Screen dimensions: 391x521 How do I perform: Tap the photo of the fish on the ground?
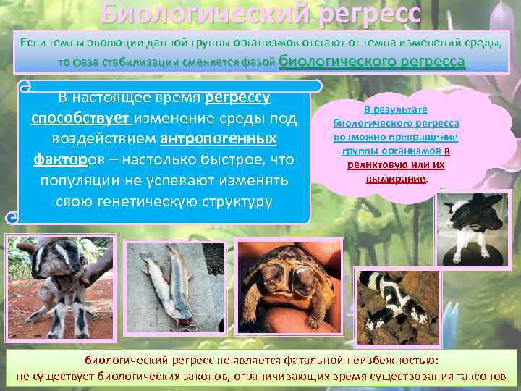click(x=169, y=287)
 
